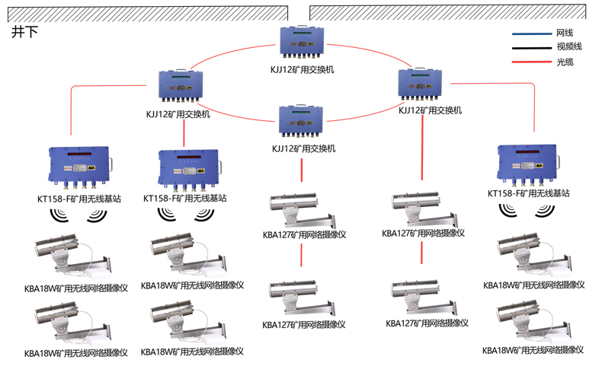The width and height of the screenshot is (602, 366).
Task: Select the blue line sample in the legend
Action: tap(531, 33)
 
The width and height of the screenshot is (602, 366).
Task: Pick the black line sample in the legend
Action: tap(531, 47)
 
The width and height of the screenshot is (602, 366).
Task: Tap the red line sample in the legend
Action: tap(531, 61)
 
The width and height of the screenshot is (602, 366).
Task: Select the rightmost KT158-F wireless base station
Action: tap(529, 164)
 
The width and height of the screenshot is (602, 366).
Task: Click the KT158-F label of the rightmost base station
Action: tap(529, 193)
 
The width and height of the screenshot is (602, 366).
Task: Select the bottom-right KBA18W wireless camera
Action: tap(533, 321)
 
